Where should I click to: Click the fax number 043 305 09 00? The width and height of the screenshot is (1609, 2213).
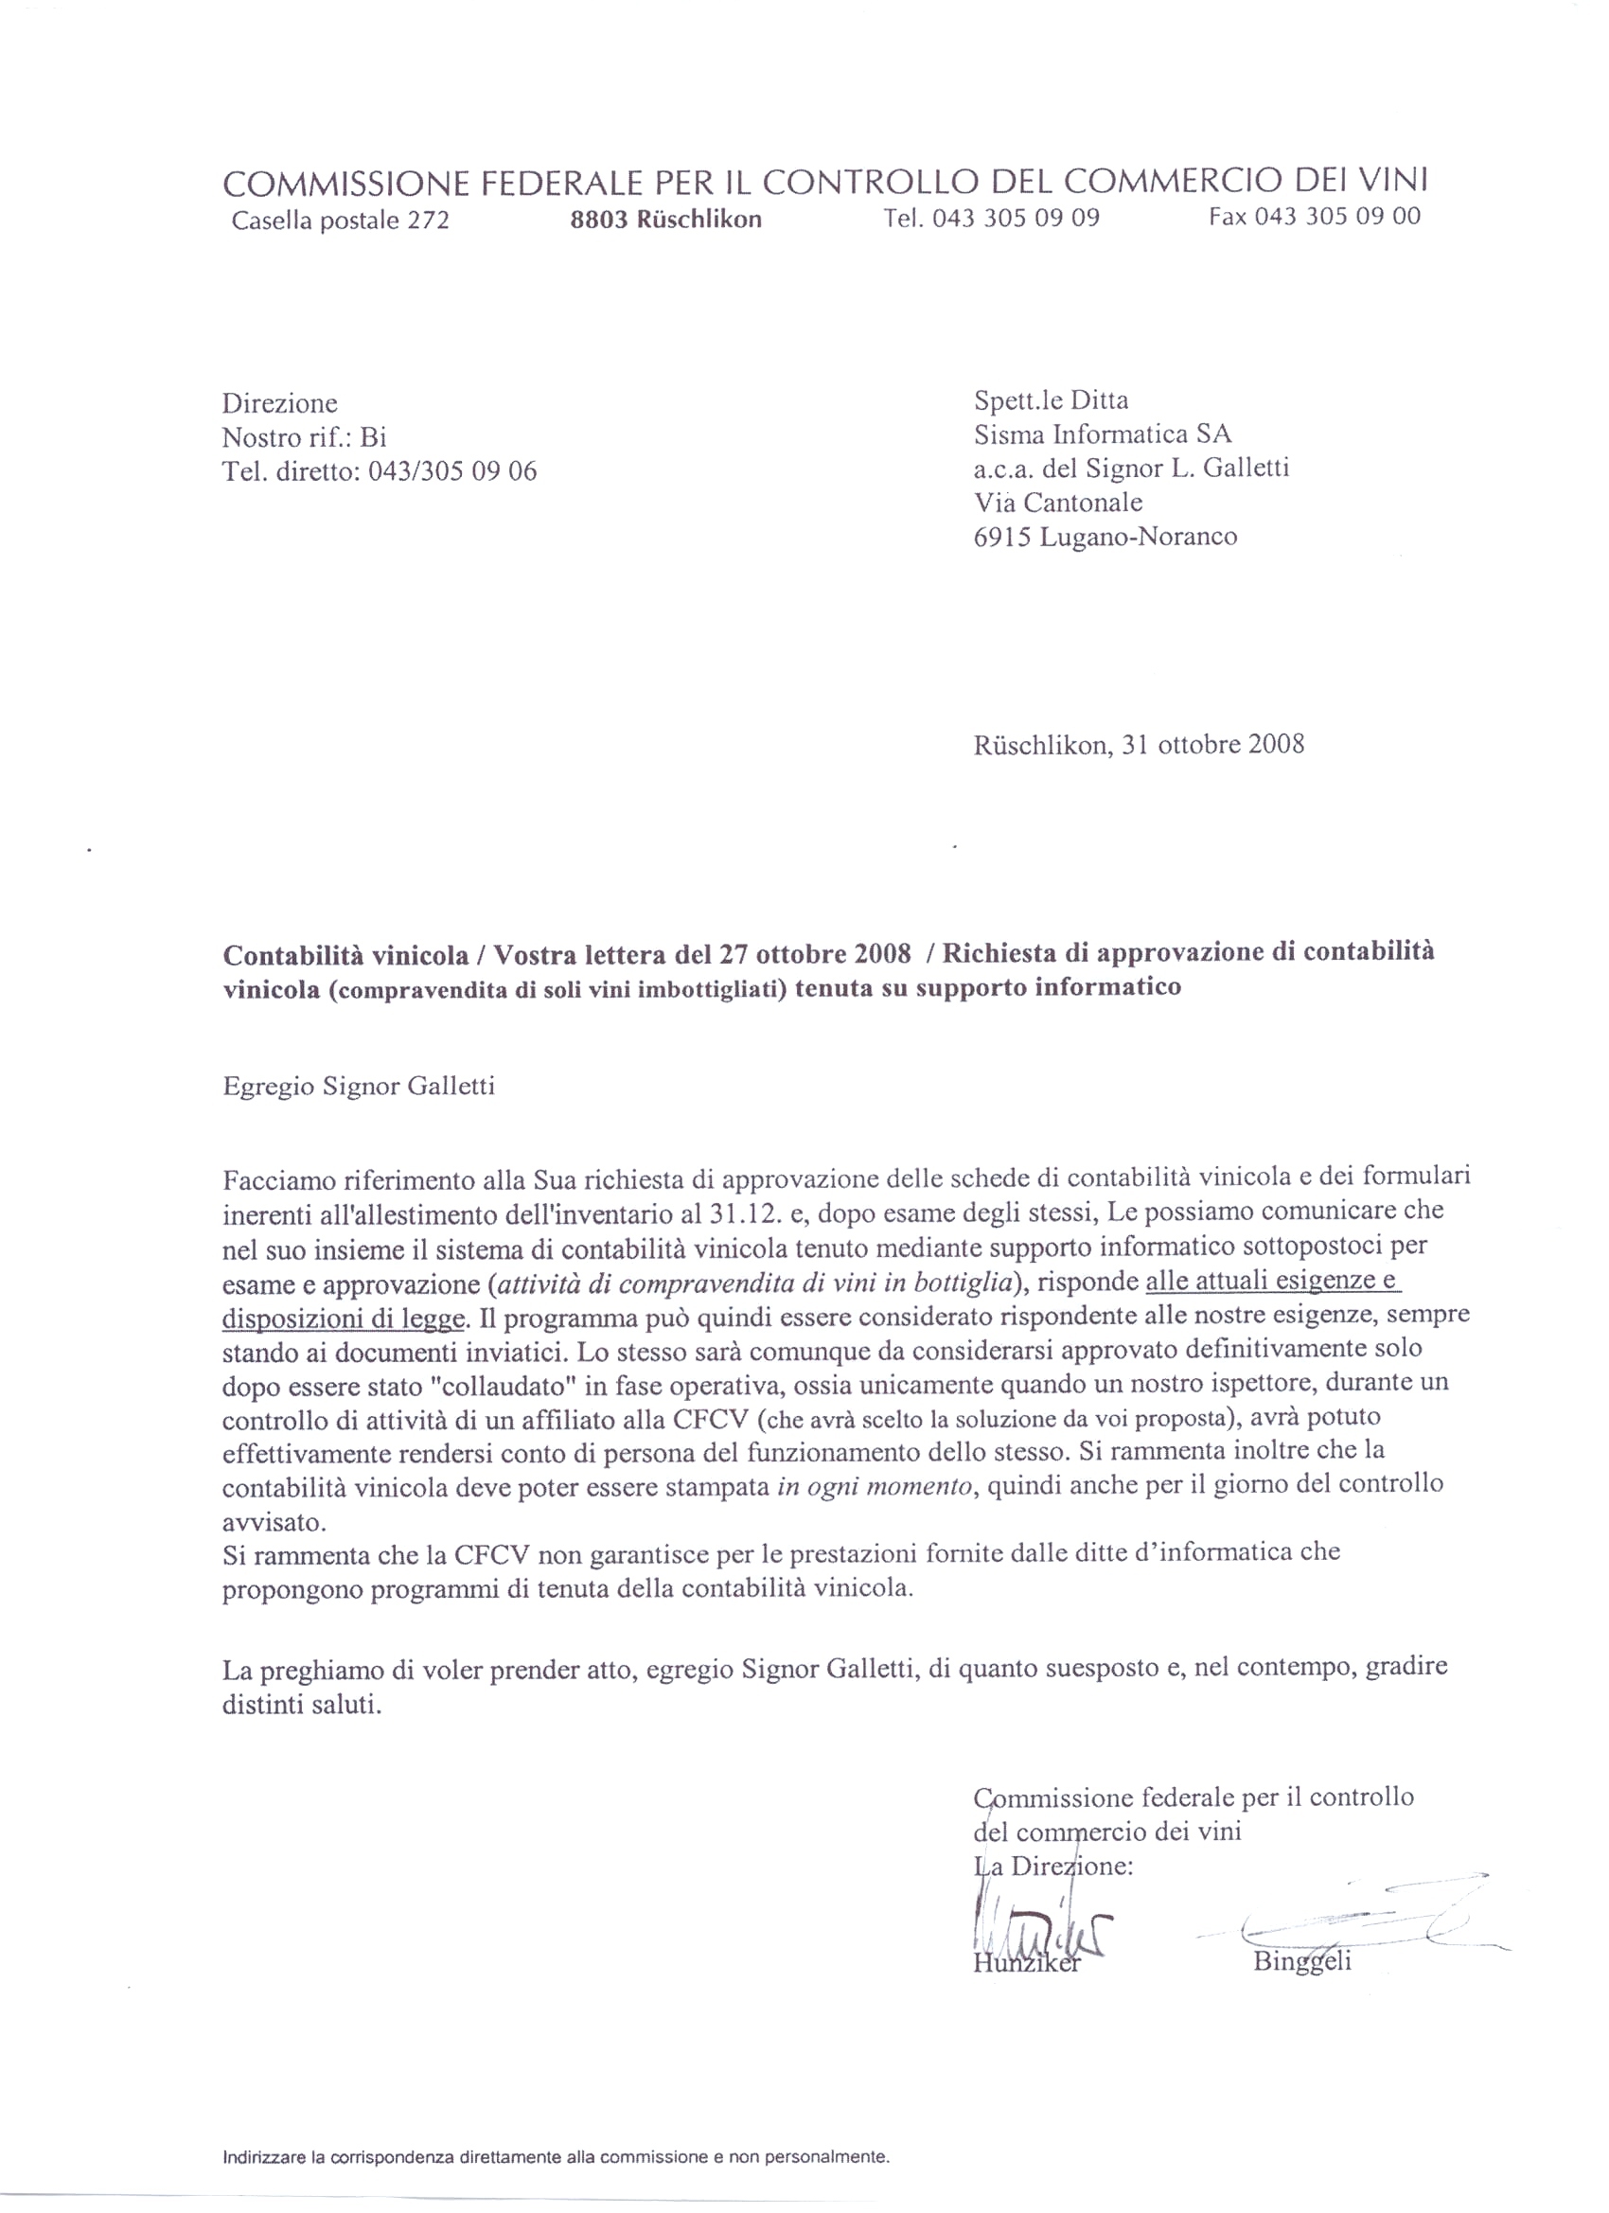click(1337, 217)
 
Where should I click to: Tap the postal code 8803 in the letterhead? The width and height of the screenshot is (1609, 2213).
click(598, 220)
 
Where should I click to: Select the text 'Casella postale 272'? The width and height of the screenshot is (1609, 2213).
click(341, 221)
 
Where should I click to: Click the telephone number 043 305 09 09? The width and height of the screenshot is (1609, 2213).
click(1015, 219)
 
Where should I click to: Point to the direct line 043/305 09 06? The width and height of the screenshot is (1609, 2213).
click(452, 471)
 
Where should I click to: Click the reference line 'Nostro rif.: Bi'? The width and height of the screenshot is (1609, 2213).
click(305, 437)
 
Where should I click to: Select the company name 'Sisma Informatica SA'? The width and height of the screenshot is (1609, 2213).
click(1103, 434)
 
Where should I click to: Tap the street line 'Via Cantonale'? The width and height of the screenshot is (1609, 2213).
click(1058, 503)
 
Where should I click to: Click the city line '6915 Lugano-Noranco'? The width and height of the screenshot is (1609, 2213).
click(1105, 537)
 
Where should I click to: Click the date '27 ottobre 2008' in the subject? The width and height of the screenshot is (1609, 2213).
click(815, 953)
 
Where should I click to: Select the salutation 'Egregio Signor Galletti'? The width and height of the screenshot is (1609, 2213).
click(358, 1086)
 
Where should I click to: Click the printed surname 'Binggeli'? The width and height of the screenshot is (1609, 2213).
click(1301, 1961)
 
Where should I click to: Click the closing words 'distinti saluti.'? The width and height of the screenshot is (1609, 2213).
click(302, 1705)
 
